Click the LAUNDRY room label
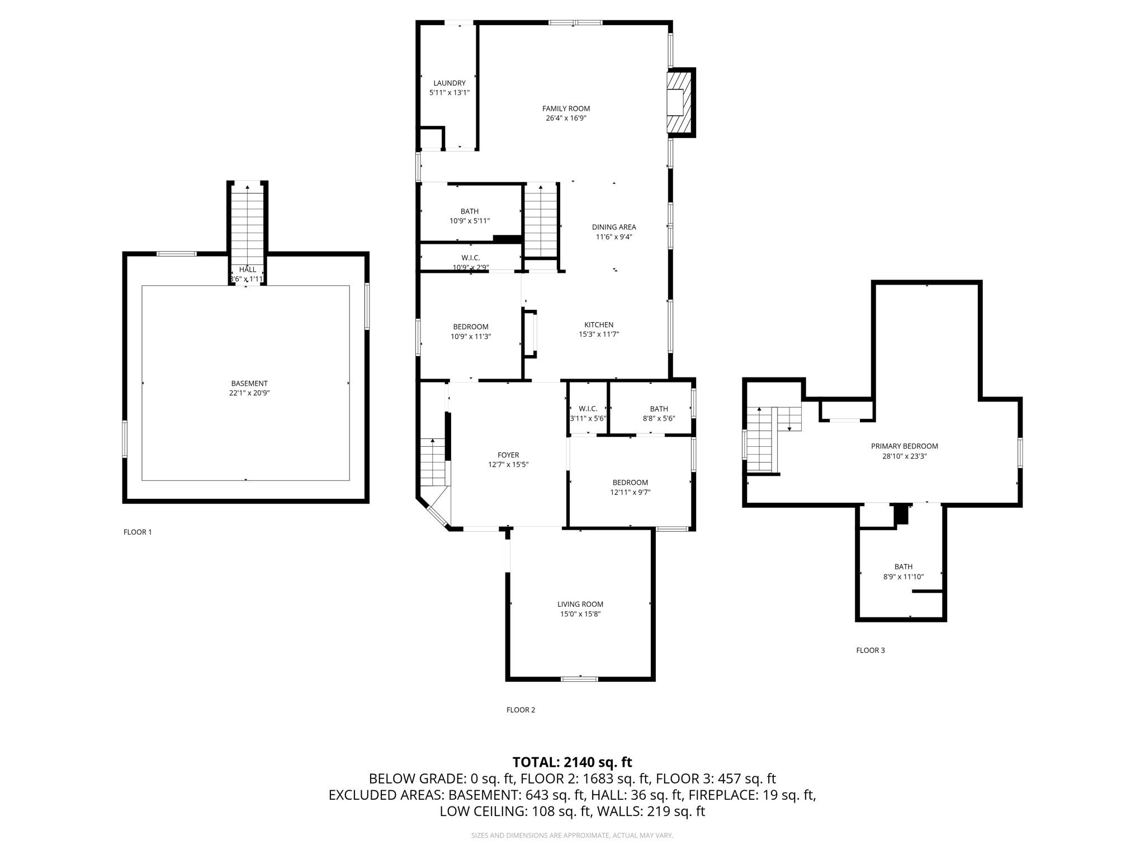(x=449, y=83)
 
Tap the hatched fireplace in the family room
(x=680, y=103)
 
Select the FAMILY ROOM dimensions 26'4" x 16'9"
(x=566, y=118)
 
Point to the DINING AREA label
(x=614, y=227)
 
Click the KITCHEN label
(x=599, y=325)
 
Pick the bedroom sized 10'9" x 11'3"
(x=471, y=332)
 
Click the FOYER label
(x=508, y=455)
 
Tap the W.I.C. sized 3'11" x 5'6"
(x=588, y=413)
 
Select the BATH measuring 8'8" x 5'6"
(x=659, y=413)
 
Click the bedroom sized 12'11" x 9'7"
(x=630, y=487)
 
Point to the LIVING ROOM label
(x=580, y=604)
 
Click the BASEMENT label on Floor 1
(x=249, y=384)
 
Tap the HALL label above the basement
(x=247, y=270)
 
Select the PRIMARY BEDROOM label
(x=904, y=446)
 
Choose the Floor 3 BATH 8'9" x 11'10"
(x=903, y=572)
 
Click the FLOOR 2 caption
(x=521, y=710)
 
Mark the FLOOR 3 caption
(x=870, y=650)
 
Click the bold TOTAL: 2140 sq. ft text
(x=572, y=762)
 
